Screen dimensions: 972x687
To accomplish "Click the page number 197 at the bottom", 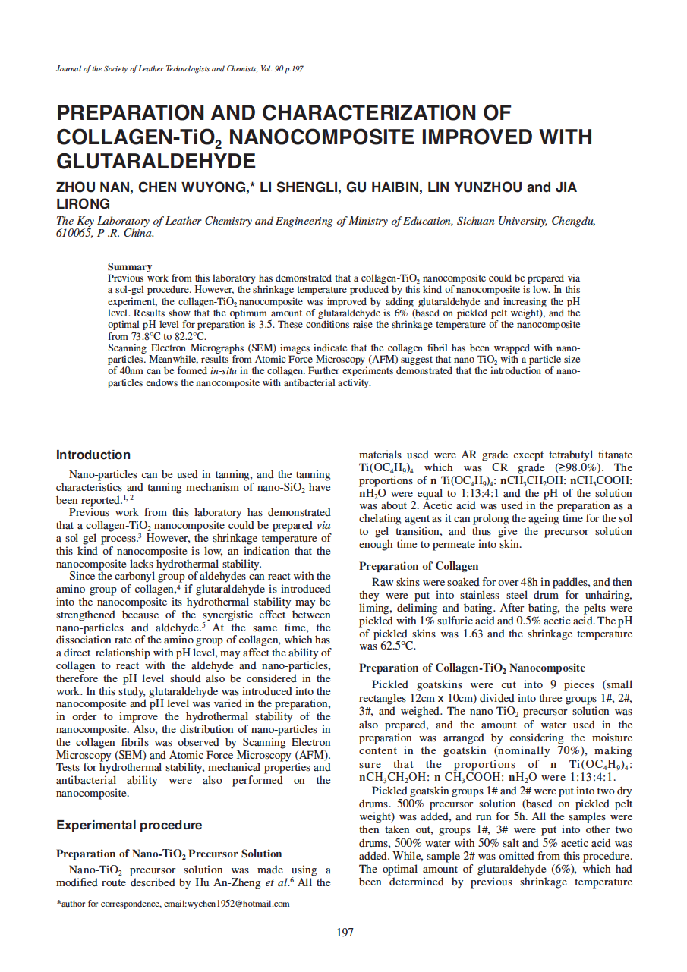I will click(345, 933).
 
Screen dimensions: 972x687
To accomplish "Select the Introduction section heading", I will click(93, 455).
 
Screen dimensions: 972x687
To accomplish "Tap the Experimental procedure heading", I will click(129, 826).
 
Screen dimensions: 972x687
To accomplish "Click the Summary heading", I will click(130, 267).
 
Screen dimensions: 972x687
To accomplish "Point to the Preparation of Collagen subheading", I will click(419, 566).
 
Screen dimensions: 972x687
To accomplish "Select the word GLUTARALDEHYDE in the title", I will click(156, 162).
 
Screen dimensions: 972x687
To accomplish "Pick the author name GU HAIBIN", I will click(384, 187).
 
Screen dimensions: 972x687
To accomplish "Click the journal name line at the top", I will click(180, 68).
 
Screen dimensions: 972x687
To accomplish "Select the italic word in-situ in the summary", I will click(222, 372).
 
